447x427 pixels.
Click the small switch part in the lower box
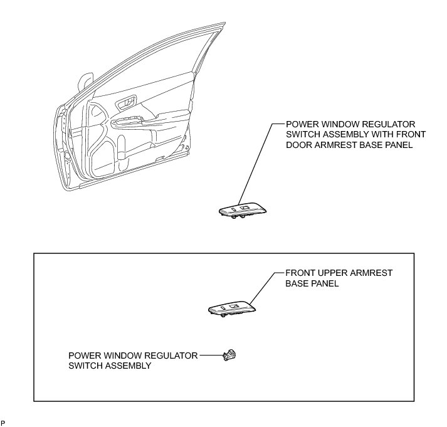tap(229, 356)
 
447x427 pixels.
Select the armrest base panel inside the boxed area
tap(233, 308)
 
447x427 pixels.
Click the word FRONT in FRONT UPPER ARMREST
tap(300, 274)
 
